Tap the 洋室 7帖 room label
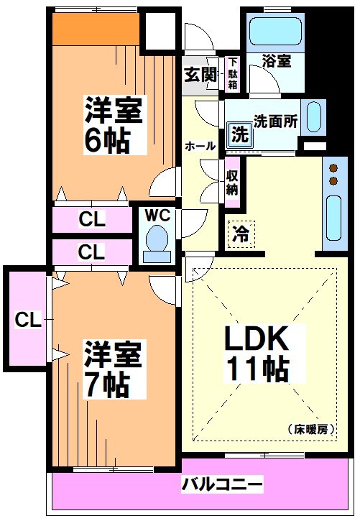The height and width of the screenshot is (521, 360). tap(108, 369)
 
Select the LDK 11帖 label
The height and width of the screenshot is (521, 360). tap(259, 353)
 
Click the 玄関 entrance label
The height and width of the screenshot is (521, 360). tap(199, 73)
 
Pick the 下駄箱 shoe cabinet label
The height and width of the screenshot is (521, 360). tap(234, 73)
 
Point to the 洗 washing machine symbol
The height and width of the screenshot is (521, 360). tap(239, 134)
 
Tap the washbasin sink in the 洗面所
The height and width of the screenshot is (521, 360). tap(313, 117)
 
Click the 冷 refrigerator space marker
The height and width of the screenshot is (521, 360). tap(241, 234)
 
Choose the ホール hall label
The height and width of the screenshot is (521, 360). tap(200, 146)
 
